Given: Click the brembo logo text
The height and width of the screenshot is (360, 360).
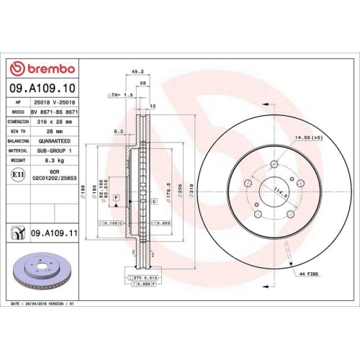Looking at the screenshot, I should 45,68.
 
